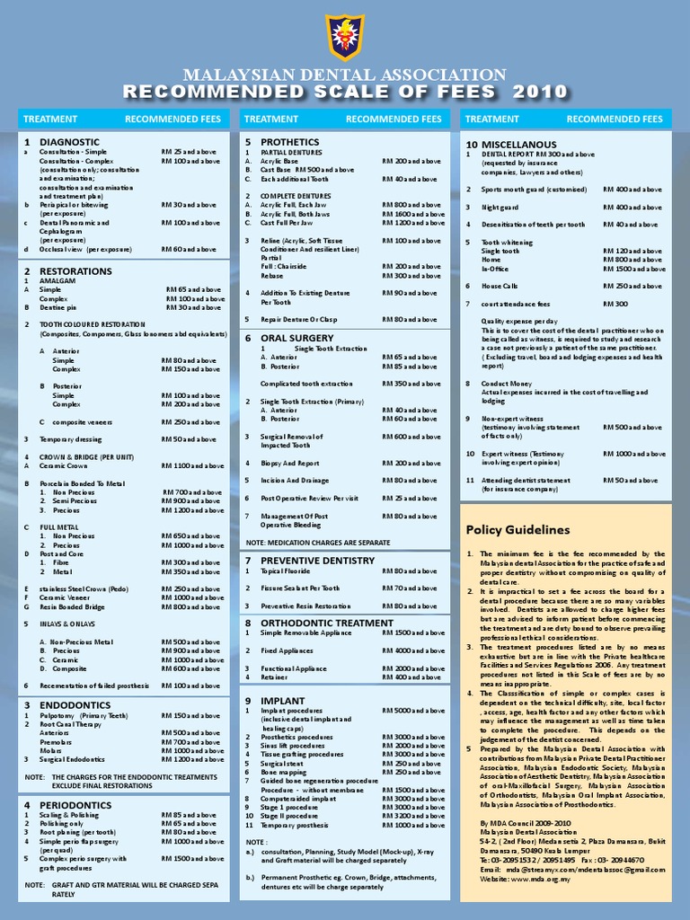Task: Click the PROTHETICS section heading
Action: coord(289,142)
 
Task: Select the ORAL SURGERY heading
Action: coord(296,338)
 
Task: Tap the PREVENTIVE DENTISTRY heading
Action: coord(317,561)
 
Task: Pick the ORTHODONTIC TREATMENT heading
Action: coord(326,623)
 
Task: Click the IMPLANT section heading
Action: coord(282,700)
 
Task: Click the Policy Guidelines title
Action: coord(517,530)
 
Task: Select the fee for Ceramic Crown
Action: coord(193,466)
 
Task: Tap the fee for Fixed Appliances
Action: coord(411,650)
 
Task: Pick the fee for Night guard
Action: coord(632,208)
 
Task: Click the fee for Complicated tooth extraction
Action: coord(411,384)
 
